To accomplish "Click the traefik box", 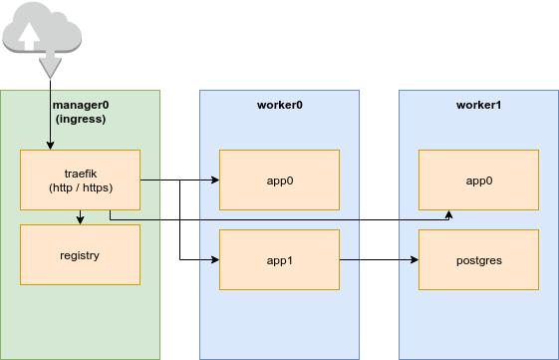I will coord(80,180).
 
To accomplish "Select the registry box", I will coord(80,255).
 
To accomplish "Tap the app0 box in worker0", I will coord(279,180).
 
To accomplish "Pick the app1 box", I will coord(279,260).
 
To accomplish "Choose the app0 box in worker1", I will coord(478,180).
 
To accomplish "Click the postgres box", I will coord(478,260).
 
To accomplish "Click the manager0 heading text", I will coord(79,105).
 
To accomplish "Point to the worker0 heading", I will coord(279,105).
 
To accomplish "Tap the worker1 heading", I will coord(478,105).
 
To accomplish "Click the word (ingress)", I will coord(80,119).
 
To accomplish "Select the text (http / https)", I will coord(80,187).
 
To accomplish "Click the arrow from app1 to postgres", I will coord(379,260).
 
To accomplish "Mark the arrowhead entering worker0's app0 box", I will coord(215,180).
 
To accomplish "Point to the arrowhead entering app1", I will coord(215,260).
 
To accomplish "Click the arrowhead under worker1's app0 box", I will coord(449,214).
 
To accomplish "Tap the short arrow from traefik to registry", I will coord(80,216).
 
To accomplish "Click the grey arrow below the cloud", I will coord(48,68).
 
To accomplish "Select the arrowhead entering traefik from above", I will coord(50,146).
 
